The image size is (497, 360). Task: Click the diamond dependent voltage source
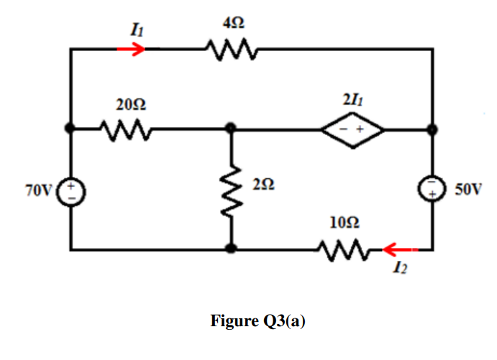click(352, 130)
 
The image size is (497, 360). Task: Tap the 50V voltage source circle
click(434, 190)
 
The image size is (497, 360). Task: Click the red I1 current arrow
click(131, 49)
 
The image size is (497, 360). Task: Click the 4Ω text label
click(232, 24)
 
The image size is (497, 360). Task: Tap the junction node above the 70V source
click(70, 129)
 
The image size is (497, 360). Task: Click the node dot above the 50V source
click(433, 130)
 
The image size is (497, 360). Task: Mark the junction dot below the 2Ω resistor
click(231, 249)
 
